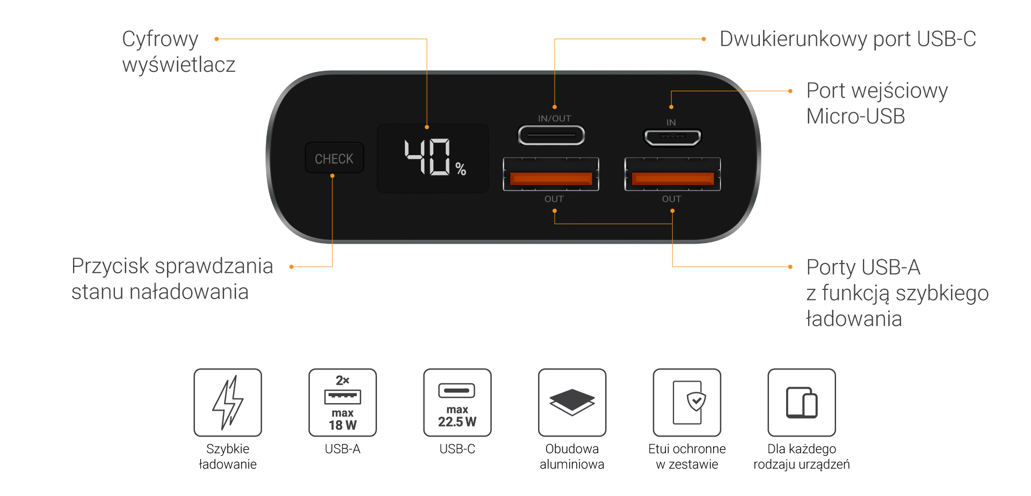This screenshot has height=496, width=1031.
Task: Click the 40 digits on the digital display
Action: point(428,157)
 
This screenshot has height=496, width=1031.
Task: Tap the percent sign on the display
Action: point(461,169)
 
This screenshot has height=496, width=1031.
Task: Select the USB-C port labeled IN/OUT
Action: point(551,135)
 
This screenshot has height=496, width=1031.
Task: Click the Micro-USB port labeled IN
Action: point(672,137)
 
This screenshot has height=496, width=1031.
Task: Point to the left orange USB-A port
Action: point(551,178)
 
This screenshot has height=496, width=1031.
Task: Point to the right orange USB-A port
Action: point(672,178)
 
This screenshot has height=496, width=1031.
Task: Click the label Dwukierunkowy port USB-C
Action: point(847,39)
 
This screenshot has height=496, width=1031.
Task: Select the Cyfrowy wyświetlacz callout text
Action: point(178,52)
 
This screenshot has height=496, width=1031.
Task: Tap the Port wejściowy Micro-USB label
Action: point(876,103)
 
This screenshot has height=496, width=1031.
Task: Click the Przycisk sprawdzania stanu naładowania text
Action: point(172,279)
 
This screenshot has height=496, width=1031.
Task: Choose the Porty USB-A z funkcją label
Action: point(897,293)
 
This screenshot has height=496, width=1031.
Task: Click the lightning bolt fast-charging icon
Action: point(228,403)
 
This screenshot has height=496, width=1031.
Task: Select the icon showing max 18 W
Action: point(343,403)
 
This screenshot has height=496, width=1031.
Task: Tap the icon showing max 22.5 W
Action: point(458,403)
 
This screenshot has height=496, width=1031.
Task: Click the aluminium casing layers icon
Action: point(572,403)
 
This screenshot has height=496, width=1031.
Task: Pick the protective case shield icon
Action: point(687,403)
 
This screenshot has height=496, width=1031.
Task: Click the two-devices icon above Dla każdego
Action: point(802,403)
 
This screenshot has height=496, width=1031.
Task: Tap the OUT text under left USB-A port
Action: point(554,199)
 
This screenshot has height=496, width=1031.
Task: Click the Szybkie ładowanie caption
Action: point(228,456)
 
